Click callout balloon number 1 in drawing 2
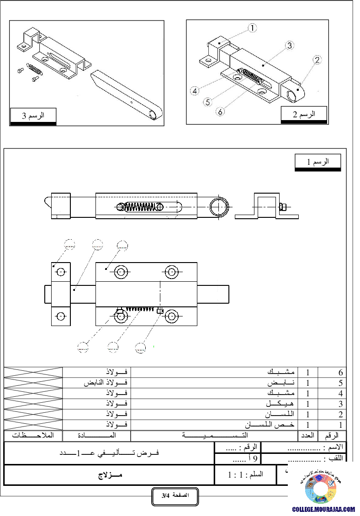click(253, 28)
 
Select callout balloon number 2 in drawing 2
click(317, 59)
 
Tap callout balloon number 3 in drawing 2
click(289, 45)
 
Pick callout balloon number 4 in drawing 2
click(196, 91)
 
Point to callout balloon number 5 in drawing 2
click(208, 102)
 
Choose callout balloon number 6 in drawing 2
click(221, 111)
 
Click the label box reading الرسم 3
click(33, 116)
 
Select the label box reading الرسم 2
click(304, 114)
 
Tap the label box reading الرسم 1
click(318, 162)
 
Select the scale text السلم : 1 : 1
click(246, 475)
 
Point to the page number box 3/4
click(175, 496)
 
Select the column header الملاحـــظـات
click(33, 436)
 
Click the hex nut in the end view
click(282, 207)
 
